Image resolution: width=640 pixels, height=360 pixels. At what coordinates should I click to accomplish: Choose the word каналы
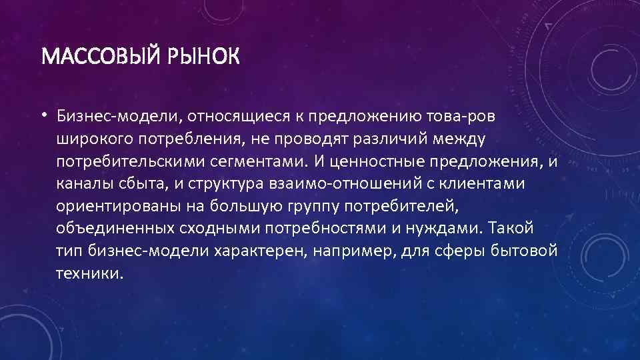(x=81, y=185)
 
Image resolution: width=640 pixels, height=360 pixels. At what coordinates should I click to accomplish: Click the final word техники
(x=90, y=274)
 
